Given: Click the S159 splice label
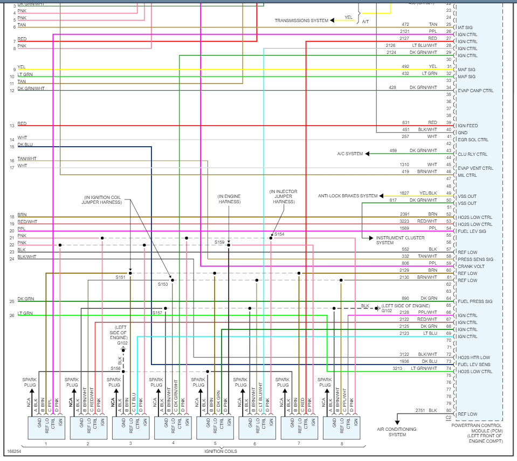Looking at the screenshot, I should click(219, 243).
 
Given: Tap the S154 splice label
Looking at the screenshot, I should click(279, 234).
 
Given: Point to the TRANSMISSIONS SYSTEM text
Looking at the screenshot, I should click(301, 20).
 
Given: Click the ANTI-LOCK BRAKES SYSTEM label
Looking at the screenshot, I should click(348, 196).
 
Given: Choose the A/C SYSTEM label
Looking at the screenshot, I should click(350, 154).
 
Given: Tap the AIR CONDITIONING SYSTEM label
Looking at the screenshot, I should click(397, 432).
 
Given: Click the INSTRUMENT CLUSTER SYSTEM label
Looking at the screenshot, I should click(400, 240).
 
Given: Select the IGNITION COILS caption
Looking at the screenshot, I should click(220, 451).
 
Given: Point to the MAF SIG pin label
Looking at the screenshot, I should click(466, 70).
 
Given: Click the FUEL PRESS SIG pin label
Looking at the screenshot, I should click(475, 301).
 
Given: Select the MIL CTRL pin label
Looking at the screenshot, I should click(467, 175).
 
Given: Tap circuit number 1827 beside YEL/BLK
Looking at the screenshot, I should click(404, 193).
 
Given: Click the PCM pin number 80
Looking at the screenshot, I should click(448, 410).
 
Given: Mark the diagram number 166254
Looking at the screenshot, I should click(15, 451).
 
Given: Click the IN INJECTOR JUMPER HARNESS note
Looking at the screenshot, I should click(284, 197).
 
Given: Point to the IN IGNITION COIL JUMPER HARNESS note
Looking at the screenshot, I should click(102, 199).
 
